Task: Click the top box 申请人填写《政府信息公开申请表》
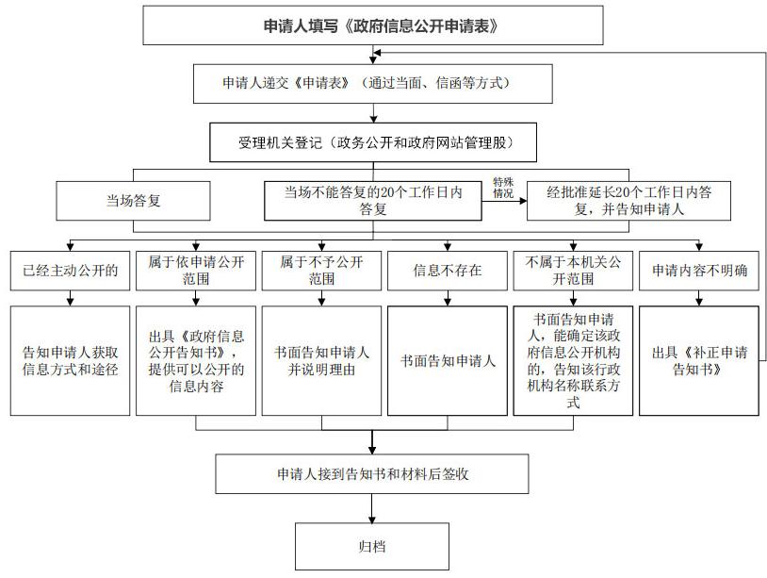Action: [x=373, y=25]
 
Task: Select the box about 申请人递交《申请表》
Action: [x=373, y=84]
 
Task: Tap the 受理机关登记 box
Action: [x=373, y=142]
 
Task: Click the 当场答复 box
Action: [x=133, y=201]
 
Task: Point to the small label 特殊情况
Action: [x=503, y=188]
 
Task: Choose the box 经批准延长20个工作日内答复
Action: [x=629, y=201]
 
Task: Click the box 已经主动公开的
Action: [x=70, y=271]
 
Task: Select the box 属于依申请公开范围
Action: [x=196, y=271]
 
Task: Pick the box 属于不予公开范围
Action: [x=321, y=271]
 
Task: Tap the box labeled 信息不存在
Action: [x=447, y=271]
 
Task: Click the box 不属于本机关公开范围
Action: [x=573, y=271]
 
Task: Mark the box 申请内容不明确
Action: [x=699, y=271]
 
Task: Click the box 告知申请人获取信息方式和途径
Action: [x=70, y=361]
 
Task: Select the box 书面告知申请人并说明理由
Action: [x=321, y=361]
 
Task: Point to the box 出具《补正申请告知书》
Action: [x=699, y=361]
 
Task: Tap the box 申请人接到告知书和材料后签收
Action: [x=372, y=473]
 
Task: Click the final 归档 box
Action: [x=372, y=546]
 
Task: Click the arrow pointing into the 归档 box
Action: [x=372, y=508]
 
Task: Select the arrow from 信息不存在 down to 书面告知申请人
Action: [x=447, y=298]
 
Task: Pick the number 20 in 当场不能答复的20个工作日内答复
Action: [x=387, y=192]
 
